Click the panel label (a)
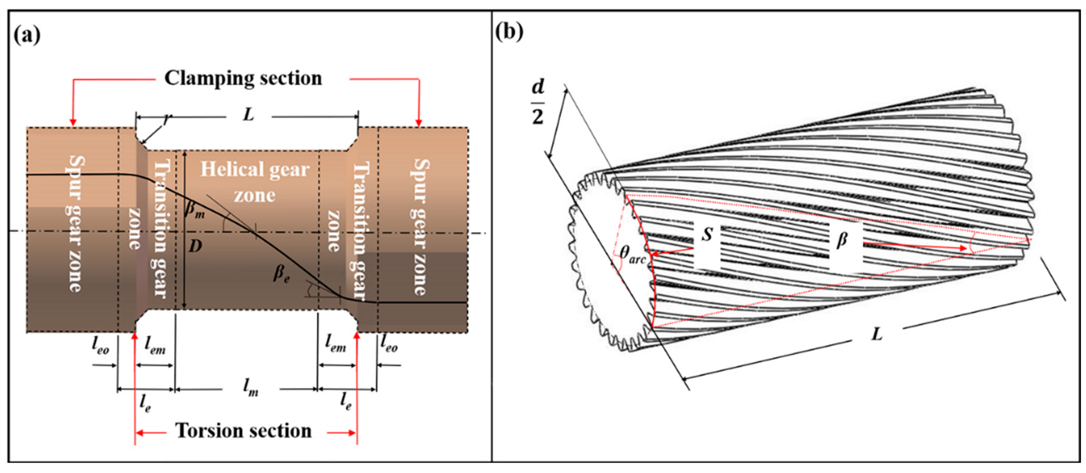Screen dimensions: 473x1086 tap(27, 35)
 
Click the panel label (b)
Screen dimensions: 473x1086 tap(509, 32)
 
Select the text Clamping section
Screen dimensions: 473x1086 tap(243, 78)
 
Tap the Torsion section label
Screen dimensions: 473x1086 tap(243, 431)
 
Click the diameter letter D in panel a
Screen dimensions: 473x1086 tap(195, 246)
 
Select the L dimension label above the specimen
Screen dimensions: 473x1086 tap(249, 114)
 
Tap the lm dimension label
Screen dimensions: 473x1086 tap(250, 387)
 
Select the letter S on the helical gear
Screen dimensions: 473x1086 tap(707, 234)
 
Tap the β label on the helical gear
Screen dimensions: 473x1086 tap(842, 241)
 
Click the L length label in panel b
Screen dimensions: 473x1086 tap(876, 335)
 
